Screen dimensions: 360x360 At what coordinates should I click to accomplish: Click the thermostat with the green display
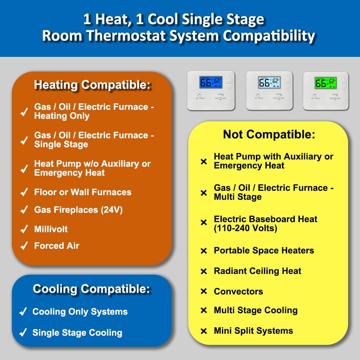click(x=326, y=90)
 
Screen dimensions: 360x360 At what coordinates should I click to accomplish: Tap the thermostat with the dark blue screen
click(x=211, y=90)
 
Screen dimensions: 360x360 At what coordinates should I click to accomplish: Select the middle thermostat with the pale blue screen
click(x=269, y=90)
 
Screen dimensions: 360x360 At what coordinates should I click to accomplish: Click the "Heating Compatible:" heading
click(x=92, y=85)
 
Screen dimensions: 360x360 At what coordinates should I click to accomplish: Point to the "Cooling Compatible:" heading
click(x=91, y=289)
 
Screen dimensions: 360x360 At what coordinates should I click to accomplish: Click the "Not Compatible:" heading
click(x=269, y=135)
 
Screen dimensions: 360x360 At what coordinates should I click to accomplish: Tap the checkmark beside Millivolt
click(x=24, y=229)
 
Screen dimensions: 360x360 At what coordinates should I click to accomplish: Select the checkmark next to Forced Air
click(x=24, y=246)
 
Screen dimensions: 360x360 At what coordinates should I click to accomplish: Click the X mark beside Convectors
click(x=204, y=292)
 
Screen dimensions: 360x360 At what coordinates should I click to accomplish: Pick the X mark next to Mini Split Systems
click(x=204, y=331)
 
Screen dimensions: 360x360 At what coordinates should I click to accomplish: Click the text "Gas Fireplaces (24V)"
click(x=78, y=210)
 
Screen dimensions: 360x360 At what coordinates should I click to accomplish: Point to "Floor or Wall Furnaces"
click(x=83, y=192)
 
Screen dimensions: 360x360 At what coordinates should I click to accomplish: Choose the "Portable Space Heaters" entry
click(x=264, y=251)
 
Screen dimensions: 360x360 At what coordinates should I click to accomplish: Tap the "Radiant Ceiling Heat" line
click(x=257, y=271)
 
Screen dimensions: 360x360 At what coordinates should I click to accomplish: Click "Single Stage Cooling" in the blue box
click(x=77, y=333)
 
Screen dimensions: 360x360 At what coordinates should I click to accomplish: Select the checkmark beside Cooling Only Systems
click(x=23, y=312)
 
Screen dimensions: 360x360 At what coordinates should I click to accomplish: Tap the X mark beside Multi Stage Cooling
click(x=204, y=310)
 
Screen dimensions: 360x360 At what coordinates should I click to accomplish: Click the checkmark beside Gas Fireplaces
click(x=24, y=210)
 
